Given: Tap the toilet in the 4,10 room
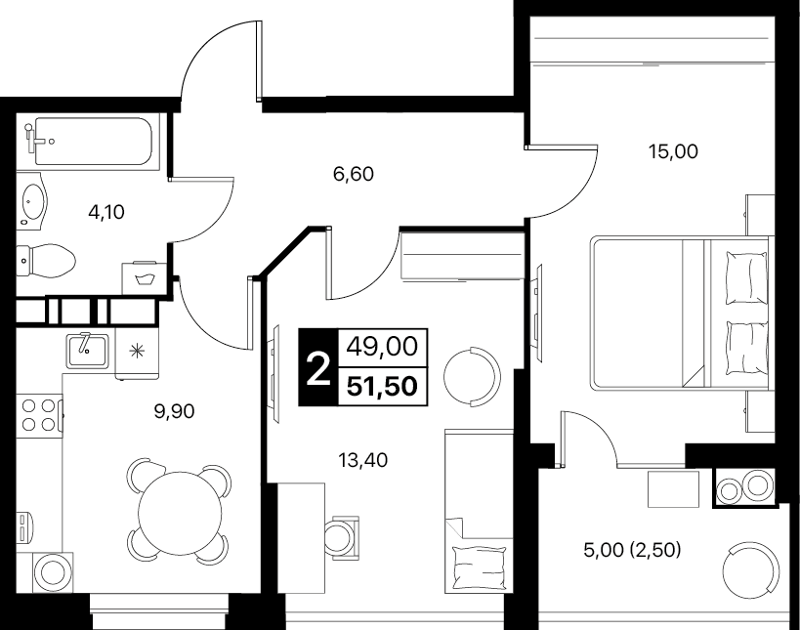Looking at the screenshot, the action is coord(46,261).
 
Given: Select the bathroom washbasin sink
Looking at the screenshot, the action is coord(32,199).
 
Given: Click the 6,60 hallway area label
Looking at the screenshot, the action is coord(353,175).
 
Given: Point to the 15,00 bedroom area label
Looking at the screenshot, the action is coord(673,151).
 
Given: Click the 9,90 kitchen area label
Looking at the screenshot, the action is coord(175,411).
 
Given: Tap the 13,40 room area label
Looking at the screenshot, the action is coord(362,460).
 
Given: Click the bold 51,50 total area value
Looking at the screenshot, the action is coord(382,386).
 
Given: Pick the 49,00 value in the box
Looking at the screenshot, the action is coord(382,347).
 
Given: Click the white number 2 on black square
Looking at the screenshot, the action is coord(318,368).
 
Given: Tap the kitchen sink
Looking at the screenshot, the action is coord(87,351).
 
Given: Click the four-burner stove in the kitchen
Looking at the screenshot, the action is coord(39,414).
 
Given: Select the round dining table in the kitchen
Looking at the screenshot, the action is coord(180,511).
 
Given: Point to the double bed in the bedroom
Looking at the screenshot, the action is coord(680,314).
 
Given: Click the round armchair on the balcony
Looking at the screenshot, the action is coord(751,567).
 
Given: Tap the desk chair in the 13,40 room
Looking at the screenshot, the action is coord(340,537).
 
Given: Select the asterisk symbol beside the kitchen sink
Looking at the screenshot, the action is coord(136,351).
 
